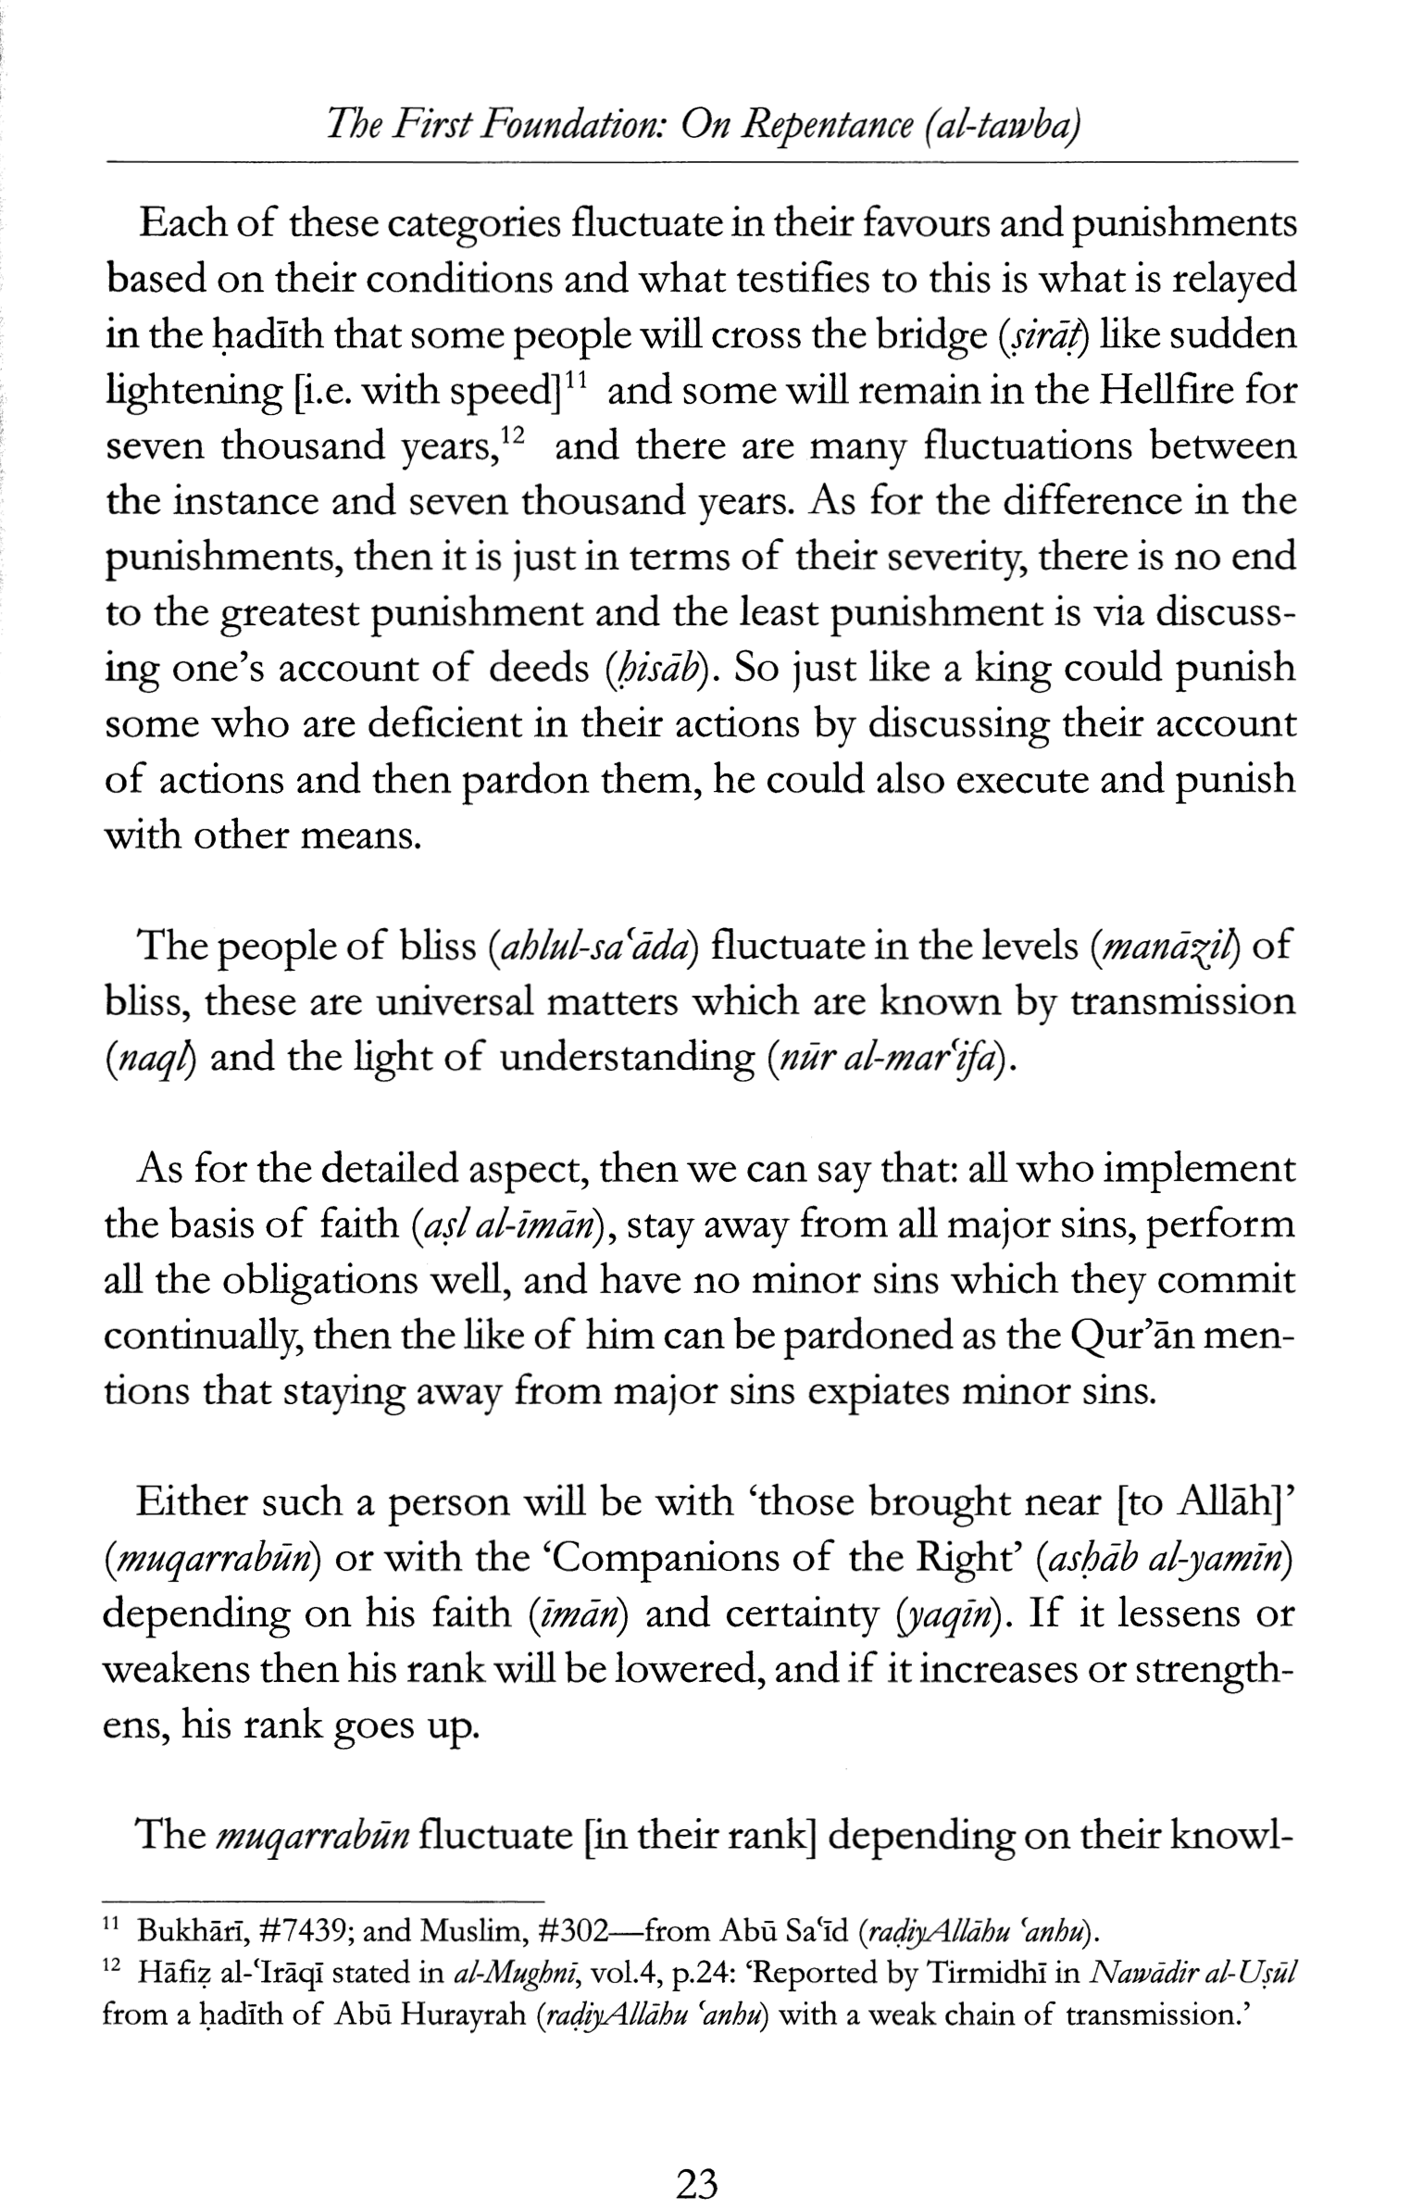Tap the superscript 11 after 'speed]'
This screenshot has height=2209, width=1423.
579,378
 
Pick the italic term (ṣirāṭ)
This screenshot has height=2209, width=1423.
1042,335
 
